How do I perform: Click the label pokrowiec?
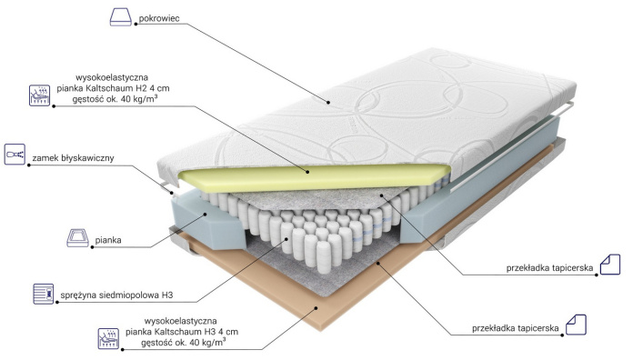(x=159, y=18)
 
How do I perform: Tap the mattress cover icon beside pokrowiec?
(x=121, y=17)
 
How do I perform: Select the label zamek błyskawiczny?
(x=73, y=158)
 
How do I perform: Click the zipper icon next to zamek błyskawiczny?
(x=15, y=155)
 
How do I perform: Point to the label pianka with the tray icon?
(x=108, y=240)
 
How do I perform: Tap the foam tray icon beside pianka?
(x=77, y=237)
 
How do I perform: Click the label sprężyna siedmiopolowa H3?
(x=116, y=295)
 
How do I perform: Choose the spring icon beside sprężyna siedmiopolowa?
(x=43, y=294)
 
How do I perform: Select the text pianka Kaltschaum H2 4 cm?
(x=113, y=88)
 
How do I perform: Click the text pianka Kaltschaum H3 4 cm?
(x=182, y=332)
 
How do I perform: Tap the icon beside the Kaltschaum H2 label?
(x=40, y=95)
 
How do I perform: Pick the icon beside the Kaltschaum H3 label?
(x=108, y=338)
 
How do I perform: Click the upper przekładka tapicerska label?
(x=550, y=268)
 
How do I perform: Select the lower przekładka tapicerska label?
(x=516, y=328)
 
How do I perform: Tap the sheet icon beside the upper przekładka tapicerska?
(x=610, y=265)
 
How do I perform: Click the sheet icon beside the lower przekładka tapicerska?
(x=576, y=325)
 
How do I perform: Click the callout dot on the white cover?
(x=328, y=103)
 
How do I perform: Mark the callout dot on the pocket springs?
(x=287, y=238)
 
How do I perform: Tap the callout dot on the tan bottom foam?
(x=316, y=308)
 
